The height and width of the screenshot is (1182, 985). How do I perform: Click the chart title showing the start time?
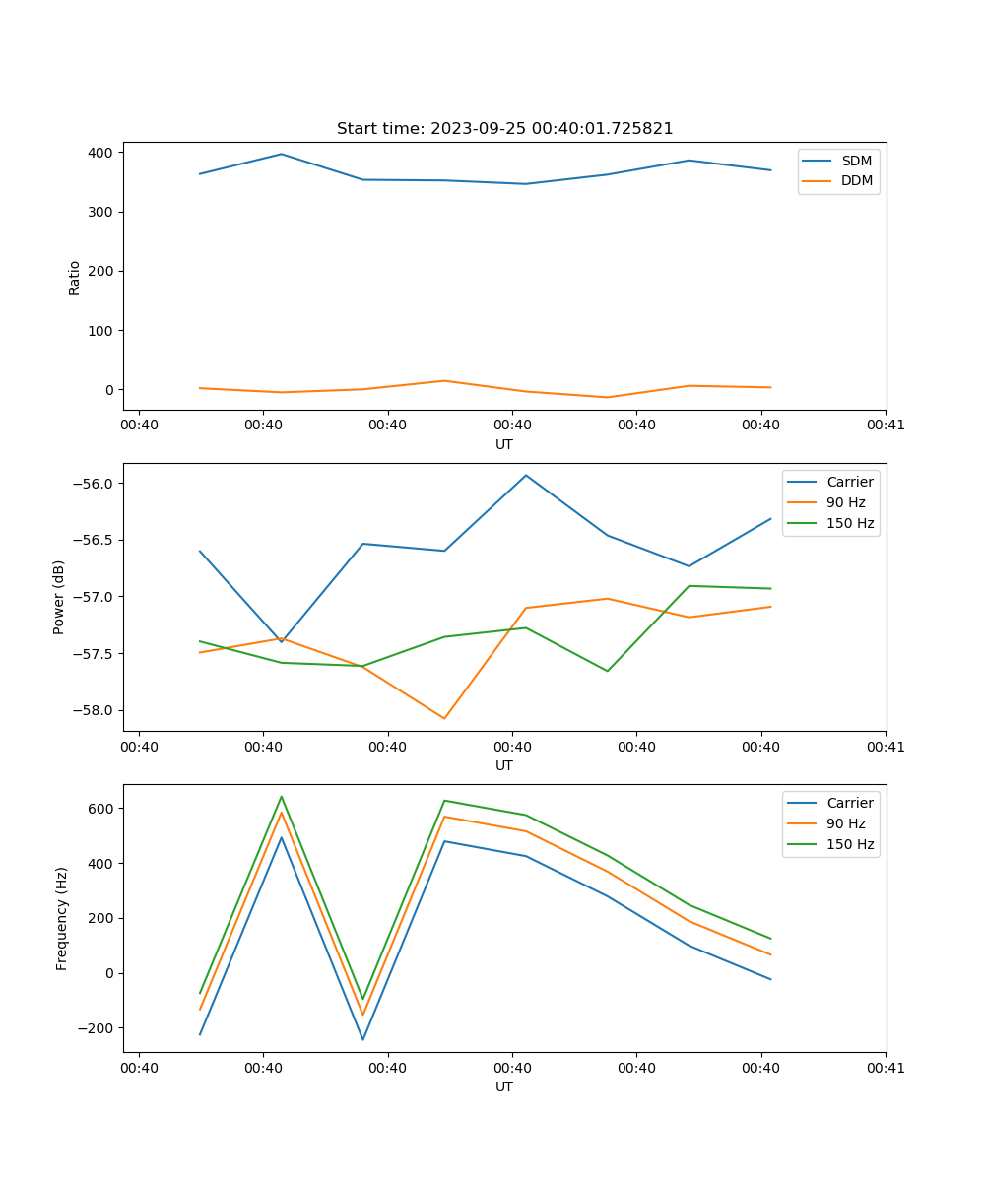(x=504, y=129)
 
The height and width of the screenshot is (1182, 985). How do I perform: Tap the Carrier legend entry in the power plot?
(x=849, y=482)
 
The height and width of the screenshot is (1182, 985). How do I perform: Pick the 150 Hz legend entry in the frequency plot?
(x=850, y=844)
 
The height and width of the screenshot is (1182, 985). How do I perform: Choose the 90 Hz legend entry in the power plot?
(x=845, y=502)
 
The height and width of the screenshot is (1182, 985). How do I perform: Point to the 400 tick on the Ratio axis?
(x=99, y=153)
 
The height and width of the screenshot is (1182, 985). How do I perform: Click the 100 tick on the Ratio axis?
(x=99, y=330)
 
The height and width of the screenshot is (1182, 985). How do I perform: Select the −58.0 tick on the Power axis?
(x=96, y=710)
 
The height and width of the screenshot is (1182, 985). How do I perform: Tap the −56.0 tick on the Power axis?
(x=96, y=484)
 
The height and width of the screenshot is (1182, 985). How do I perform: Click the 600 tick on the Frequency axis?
(x=99, y=808)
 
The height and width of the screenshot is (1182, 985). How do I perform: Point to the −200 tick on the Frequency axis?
(x=96, y=1028)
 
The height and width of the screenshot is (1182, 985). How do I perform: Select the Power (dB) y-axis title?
(x=59, y=597)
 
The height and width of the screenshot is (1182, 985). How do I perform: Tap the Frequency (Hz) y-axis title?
(x=62, y=918)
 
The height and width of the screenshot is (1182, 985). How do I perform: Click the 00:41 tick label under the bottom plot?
(x=886, y=1068)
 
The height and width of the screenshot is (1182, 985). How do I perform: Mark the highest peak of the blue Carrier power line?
(x=526, y=475)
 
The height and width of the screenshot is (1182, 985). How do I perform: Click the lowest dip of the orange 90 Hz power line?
(x=444, y=718)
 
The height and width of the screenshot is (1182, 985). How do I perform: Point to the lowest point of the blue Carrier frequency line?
(x=362, y=1039)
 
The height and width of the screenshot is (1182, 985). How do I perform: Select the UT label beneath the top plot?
(x=504, y=444)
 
